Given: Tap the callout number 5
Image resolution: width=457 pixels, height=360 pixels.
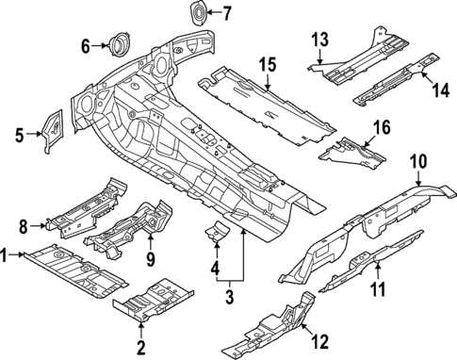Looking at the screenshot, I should [19, 136].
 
